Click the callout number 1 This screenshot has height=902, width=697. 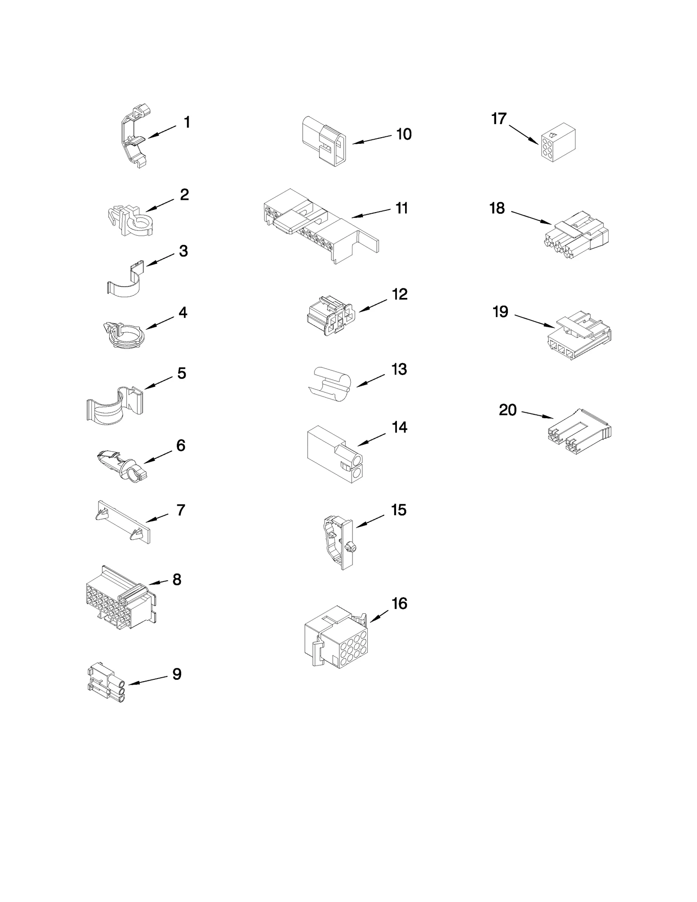click(187, 122)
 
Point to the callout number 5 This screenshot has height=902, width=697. click(182, 373)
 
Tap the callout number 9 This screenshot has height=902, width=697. click(177, 674)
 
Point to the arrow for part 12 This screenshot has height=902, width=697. click(373, 304)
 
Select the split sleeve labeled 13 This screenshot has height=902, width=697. click(332, 383)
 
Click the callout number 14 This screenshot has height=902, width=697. click(399, 427)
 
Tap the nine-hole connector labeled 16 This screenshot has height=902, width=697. click(335, 638)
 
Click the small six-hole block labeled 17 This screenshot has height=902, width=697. click(558, 142)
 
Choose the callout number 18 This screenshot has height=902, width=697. click(497, 208)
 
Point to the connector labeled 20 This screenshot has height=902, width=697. click(578, 429)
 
